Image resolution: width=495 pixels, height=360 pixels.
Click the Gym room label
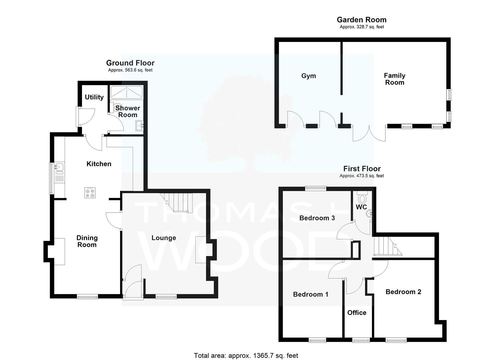tap(308, 76)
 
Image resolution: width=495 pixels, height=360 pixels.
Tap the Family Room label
tap(394, 79)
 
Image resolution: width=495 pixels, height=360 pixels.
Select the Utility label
tap(94, 97)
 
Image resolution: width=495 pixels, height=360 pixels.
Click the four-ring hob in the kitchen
tap(90, 193)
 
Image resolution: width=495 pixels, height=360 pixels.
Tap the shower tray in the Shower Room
tap(127, 92)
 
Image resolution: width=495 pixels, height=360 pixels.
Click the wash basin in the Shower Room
tap(139, 126)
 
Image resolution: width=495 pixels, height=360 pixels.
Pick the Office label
tap(357, 312)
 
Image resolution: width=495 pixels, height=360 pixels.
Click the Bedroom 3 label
tap(317, 218)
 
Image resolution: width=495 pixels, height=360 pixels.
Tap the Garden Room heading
tap(362, 20)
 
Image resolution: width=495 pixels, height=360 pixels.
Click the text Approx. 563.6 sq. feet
tap(130, 70)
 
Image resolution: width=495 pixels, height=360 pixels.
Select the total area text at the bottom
tap(246, 355)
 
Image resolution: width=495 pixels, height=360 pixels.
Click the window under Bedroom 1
tap(317, 340)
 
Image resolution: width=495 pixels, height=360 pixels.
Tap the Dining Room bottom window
tap(87, 297)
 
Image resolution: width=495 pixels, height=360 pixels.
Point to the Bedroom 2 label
tap(403, 292)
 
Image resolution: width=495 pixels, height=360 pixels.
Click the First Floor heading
tap(362, 169)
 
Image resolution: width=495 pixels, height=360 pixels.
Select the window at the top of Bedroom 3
tap(316, 188)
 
